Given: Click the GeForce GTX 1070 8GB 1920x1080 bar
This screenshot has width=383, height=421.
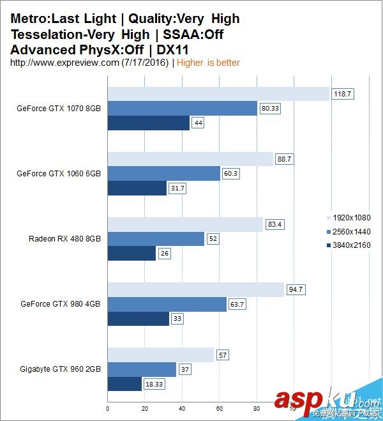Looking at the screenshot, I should tap(218, 94).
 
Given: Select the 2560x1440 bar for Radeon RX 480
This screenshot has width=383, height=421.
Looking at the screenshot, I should tap(156, 239).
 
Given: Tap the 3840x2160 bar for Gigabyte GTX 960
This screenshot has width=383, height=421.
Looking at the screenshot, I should tap(124, 384).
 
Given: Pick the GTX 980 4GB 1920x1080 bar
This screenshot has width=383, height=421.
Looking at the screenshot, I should tap(195, 290).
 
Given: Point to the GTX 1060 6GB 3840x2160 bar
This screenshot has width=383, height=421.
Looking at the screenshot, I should tap(137, 188).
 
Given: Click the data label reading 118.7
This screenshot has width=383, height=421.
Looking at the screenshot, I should tap(342, 94).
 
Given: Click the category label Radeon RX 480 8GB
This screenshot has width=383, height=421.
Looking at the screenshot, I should tap(64, 239).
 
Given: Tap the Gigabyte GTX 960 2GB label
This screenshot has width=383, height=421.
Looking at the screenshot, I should tap(60, 369).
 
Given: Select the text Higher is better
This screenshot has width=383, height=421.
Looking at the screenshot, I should tap(208, 63).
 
